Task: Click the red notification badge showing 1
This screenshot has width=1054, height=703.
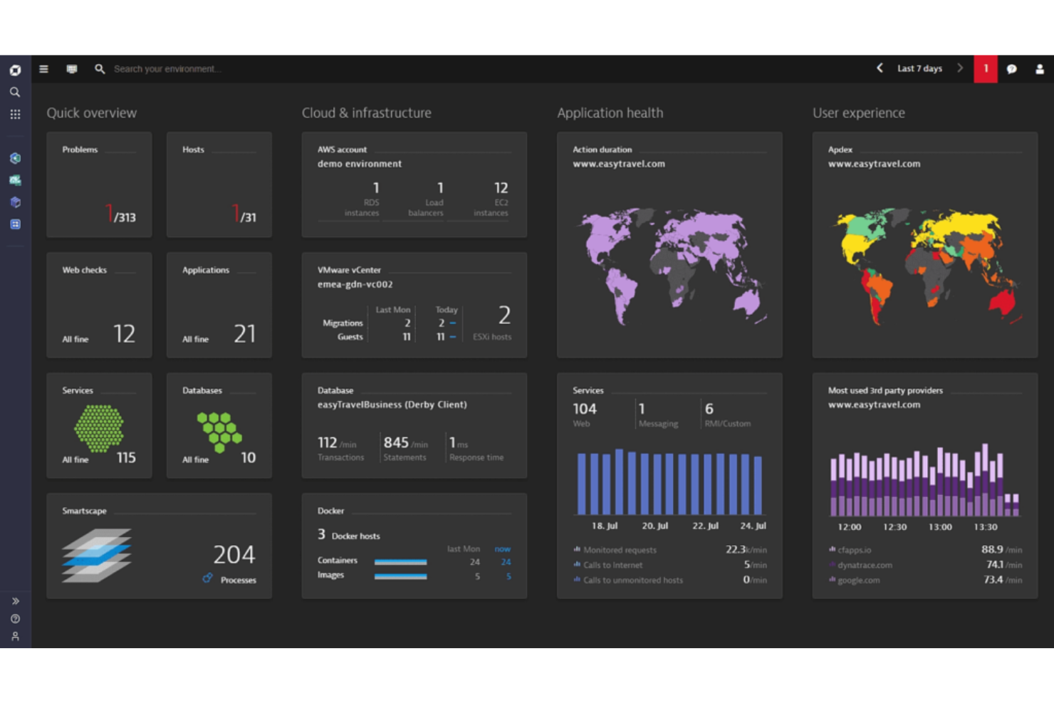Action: click(x=985, y=69)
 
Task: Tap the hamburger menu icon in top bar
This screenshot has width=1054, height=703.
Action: click(x=43, y=69)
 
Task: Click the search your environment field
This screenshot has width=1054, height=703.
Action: click(x=167, y=69)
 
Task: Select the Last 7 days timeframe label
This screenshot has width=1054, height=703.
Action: click(x=919, y=69)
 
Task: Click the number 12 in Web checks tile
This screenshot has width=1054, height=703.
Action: click(x=124, y=333)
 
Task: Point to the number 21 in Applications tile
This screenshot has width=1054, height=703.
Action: click(x=244, y=333)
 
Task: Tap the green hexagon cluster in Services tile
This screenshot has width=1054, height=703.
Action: click(x=99, y=428)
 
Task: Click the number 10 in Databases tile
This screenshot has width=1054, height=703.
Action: click(x=248, y=457)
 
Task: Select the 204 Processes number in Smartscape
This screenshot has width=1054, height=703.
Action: click(x=234, y=554)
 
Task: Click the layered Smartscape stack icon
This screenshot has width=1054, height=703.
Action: click(x=97, y=556)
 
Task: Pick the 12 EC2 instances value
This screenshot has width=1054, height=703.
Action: click(x=501, y=188)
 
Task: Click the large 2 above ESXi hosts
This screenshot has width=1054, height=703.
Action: click(x=504, y=315)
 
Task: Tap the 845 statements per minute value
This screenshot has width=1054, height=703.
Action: click(x=397, y=442)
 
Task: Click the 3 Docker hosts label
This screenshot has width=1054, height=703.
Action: click(x=349, y=535)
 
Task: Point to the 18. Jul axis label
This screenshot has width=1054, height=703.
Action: click(x=604, y=526)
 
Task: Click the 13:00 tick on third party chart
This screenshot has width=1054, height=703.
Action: click(x=940, y=527)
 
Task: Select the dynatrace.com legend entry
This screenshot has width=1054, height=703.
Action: click(x=865, y=565)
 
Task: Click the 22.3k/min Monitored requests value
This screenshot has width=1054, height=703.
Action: click(x=746, y=549)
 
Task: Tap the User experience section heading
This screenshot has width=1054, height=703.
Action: click(x=858, y=113)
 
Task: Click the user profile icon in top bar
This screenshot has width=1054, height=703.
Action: click(x=1039, y=69)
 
